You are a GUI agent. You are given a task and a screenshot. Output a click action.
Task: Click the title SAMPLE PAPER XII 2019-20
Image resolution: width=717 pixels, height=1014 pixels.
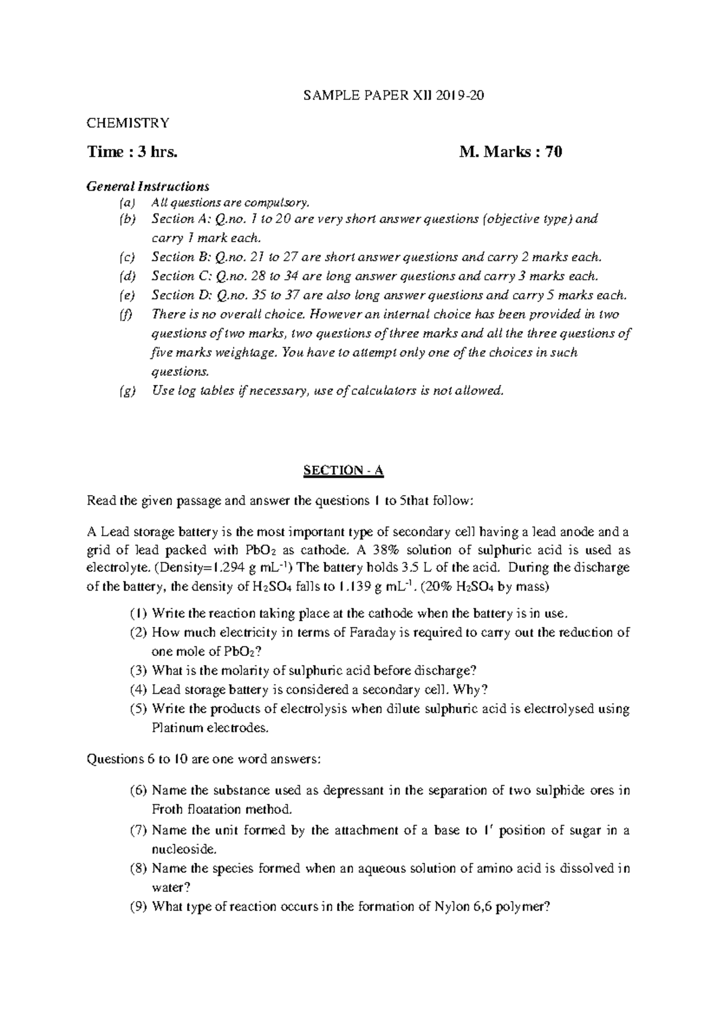coord(393,96)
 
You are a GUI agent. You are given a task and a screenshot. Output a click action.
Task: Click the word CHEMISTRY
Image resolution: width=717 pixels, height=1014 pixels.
coord(128,123)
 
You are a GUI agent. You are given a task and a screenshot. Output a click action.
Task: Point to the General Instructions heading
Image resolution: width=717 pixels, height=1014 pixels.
coord(148,186)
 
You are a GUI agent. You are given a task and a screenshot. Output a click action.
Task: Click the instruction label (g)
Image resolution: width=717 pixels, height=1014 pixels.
coord(127,391)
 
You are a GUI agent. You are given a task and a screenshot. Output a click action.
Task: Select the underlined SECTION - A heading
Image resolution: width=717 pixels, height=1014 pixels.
coord(343,471)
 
